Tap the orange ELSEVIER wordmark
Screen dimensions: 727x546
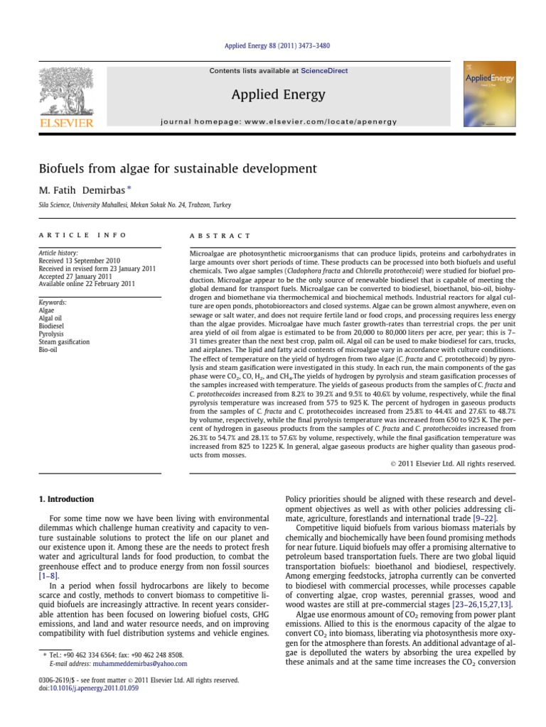tap(67, 123)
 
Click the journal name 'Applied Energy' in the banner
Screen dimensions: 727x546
tap(273, 94)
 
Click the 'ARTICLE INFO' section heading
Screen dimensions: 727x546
tap(82, 235)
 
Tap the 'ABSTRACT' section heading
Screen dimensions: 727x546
tap(220, 236)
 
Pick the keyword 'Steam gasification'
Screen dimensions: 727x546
tap(64, 341)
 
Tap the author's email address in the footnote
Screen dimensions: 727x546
tap(139, 664)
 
